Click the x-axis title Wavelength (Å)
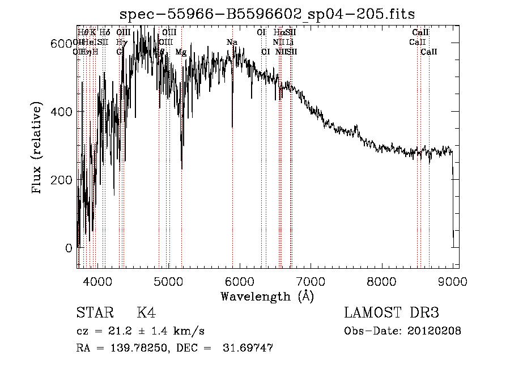267,296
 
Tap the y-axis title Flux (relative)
38,149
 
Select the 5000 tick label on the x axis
168,281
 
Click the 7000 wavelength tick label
311,281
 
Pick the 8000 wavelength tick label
381,281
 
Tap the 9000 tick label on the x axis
452,281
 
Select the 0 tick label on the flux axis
68,248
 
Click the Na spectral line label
232,43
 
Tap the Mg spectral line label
181,52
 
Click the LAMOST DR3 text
391,314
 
